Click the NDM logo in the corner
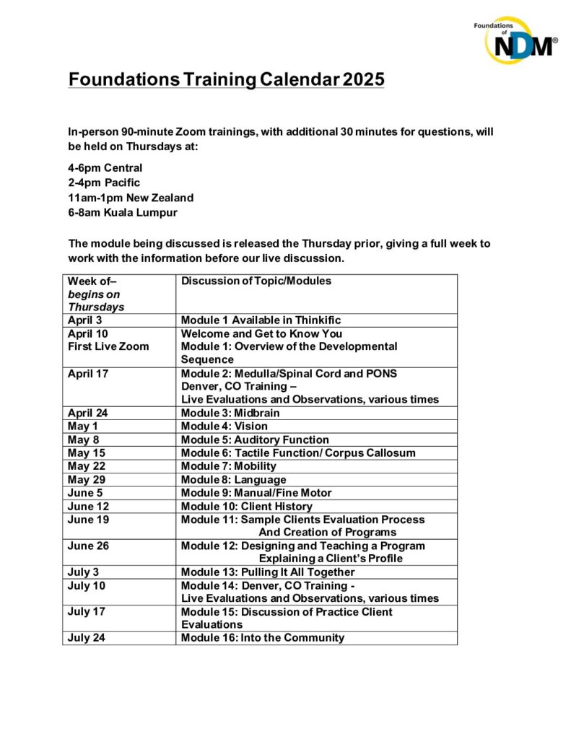515,40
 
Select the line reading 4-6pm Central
105,168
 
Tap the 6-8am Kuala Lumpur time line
122,212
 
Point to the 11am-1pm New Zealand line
131,198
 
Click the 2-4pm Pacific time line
104,183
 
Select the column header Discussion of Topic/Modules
256,281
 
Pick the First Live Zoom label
108,346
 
